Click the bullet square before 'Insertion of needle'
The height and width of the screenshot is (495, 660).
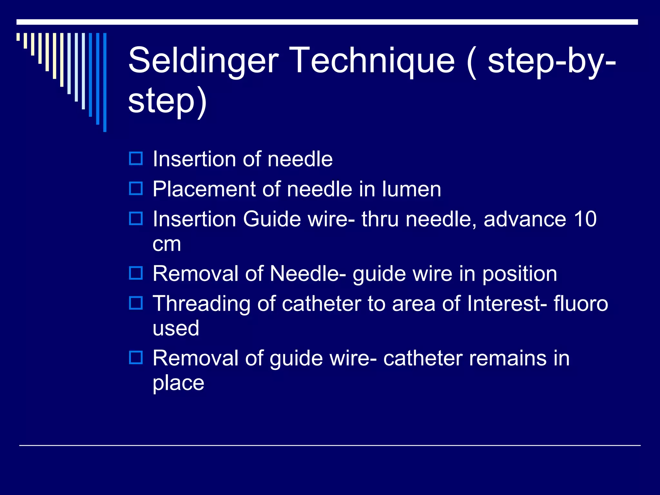click(136, 159)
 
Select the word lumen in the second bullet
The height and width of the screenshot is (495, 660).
click(411, 189)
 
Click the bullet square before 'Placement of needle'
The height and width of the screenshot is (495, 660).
click(136, 189)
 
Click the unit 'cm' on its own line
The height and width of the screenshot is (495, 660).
click(167, 244)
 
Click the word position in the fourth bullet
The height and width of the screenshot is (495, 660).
click(519, 274)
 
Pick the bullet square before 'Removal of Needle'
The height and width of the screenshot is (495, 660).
click(136, 273)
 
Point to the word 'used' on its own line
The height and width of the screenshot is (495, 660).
click(176, 328)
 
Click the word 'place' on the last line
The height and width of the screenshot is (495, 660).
click(178, 383)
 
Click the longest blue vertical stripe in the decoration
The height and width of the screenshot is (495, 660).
click(105, 82)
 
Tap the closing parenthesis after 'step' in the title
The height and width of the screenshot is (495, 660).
click(202, 102)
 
